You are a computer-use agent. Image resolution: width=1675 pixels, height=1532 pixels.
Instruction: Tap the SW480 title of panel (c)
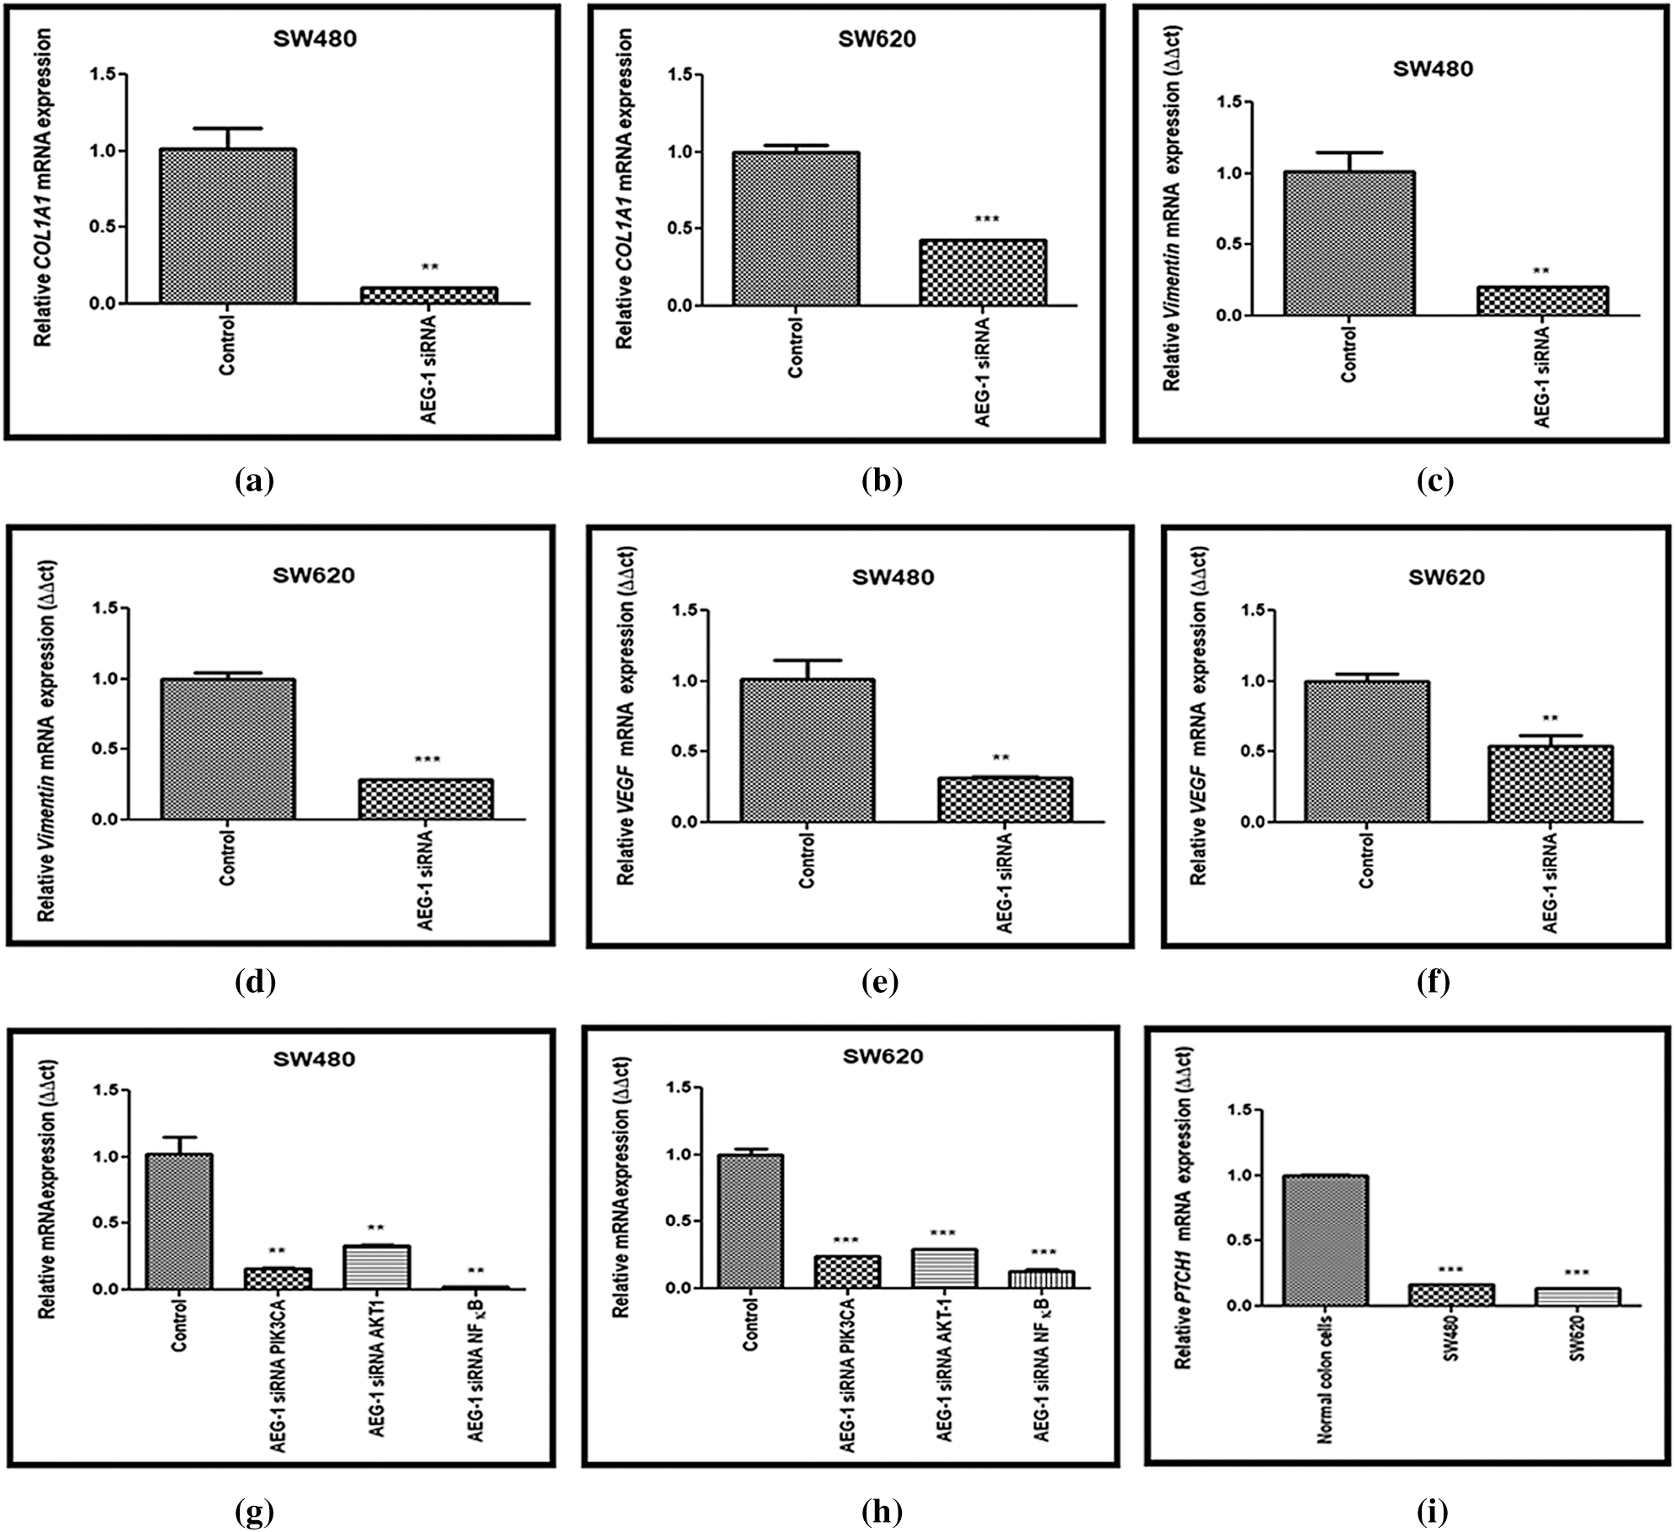click(x=1433, y=69)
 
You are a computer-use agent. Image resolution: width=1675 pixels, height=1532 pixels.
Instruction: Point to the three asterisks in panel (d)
click(x=427, y=760)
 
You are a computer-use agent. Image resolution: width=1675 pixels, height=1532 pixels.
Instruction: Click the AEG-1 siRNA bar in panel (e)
click(x=1004, y=799)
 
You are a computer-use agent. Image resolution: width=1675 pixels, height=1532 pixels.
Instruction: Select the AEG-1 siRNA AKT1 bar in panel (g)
click(x=376, y=1266)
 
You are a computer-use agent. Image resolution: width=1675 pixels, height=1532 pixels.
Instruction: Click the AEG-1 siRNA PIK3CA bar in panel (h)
click(x=846, y=1271)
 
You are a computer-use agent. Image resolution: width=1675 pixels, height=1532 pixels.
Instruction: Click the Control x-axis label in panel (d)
click(x=227, y=858)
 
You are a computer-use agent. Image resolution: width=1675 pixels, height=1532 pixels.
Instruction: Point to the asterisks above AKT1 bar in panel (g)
click(x=375, y=1228)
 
